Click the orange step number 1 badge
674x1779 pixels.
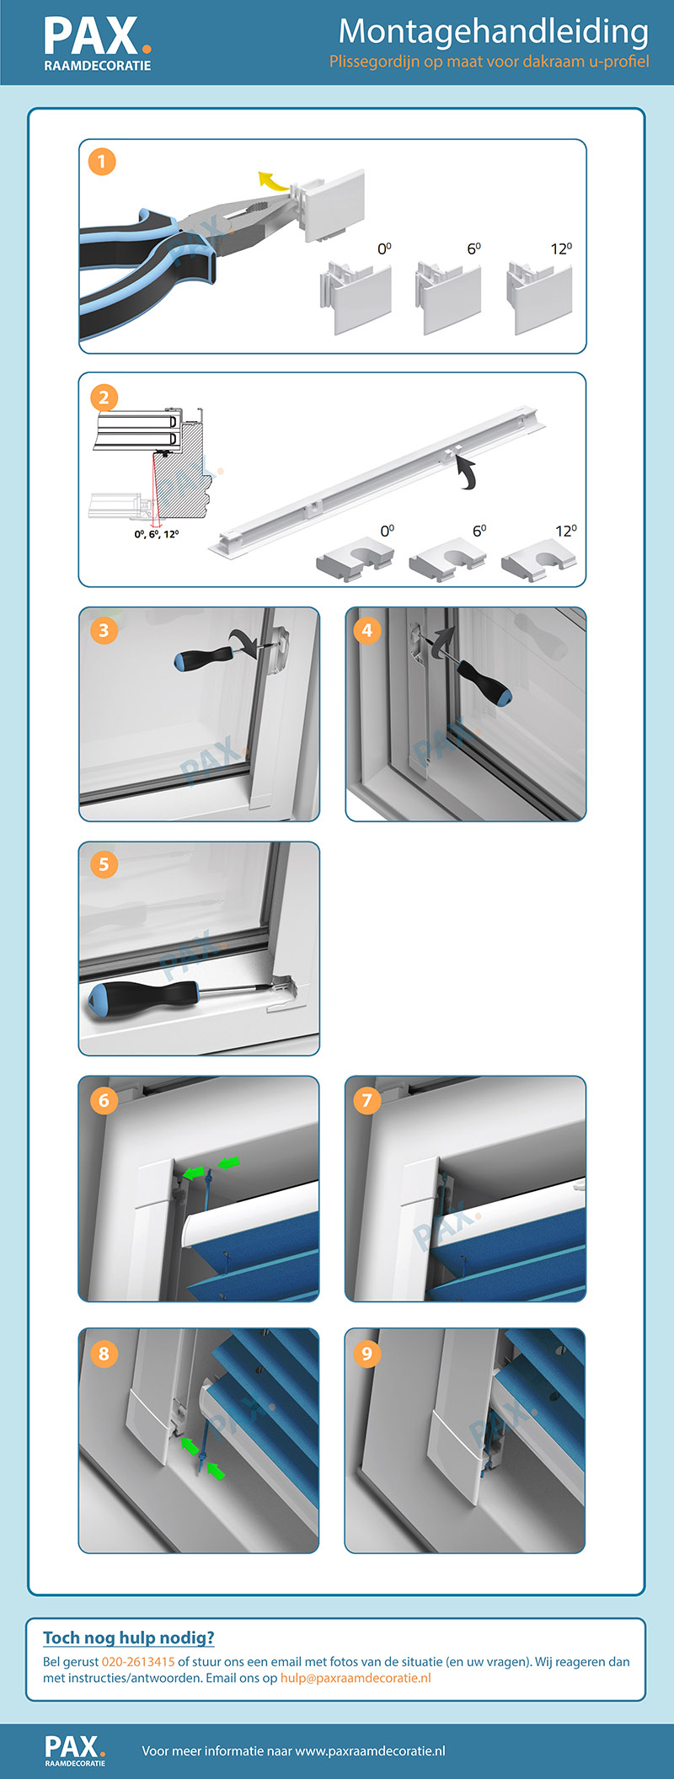102,161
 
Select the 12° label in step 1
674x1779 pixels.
562,248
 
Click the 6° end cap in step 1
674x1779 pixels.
448,296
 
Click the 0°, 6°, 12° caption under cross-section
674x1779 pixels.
157,534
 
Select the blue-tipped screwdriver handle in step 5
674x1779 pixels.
142,996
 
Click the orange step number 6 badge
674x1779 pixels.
104,1100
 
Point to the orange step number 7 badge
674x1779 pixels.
366,1100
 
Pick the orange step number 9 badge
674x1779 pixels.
366,1353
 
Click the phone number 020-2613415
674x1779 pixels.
138,1662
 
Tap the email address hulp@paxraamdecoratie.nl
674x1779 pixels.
356,1678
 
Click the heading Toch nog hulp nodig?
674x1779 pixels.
129,1637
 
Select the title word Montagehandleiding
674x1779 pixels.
493,31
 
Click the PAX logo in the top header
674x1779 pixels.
98,44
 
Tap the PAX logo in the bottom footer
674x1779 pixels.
75,1750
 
